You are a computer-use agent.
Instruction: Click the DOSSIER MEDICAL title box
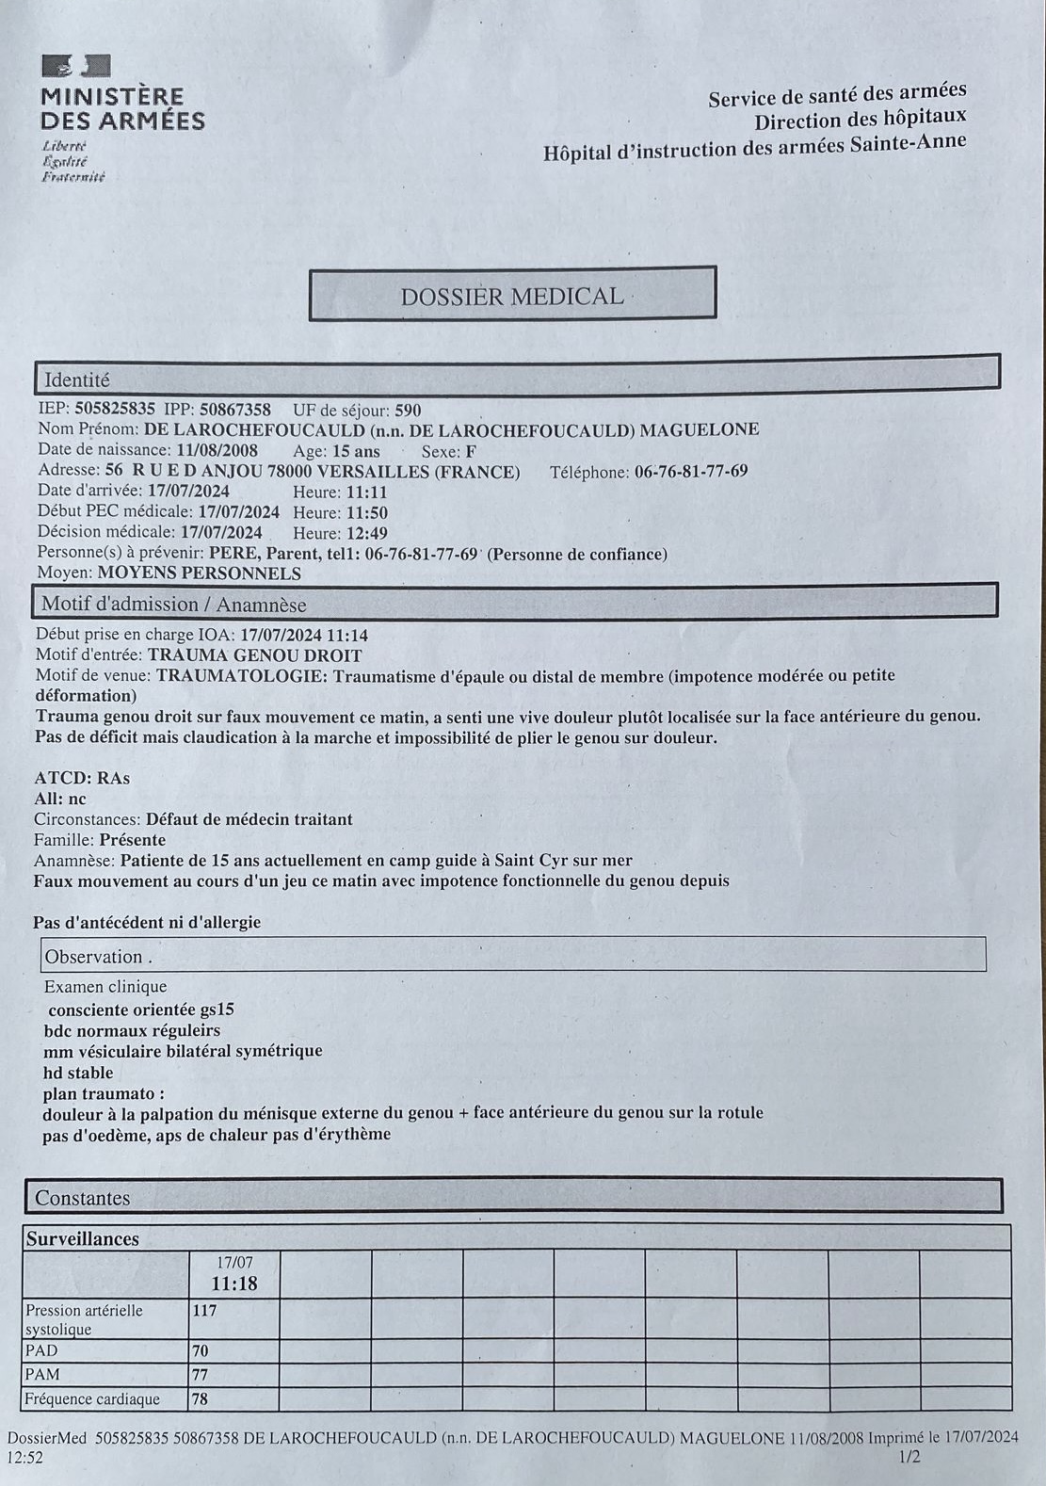click(x=512, y=295)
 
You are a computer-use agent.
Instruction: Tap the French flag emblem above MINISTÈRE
click(x=75, y=65)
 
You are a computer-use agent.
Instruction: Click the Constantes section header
click(x=82, y=1198)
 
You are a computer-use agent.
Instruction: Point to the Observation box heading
click(x=98, y=957)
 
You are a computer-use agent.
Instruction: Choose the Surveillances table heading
click(x=82, y=1238)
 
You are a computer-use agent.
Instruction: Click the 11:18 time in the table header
click(x=233, y=1284)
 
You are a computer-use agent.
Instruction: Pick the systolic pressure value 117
click(x=204, y=1310)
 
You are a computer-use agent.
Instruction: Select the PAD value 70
click(x=200, y=1350)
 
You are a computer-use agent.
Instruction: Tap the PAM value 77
click(x=200, y=1374)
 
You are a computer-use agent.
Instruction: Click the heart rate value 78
click(x=200, y=1398)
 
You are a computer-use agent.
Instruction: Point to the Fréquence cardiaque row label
click(x=92, y=1398)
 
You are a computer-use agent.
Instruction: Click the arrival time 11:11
click(x=366, y=492)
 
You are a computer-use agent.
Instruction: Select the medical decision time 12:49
click(x=366, y=533)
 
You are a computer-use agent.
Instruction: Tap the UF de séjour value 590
click(x=408, y=410)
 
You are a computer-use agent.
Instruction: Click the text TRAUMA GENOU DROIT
click(x=254, y=655)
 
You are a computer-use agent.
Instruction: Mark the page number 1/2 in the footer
click(x=909, y=1457)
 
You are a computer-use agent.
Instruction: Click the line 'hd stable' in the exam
click(x=78, y=1072)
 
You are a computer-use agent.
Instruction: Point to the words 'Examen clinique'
click(x=105, y=986)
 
